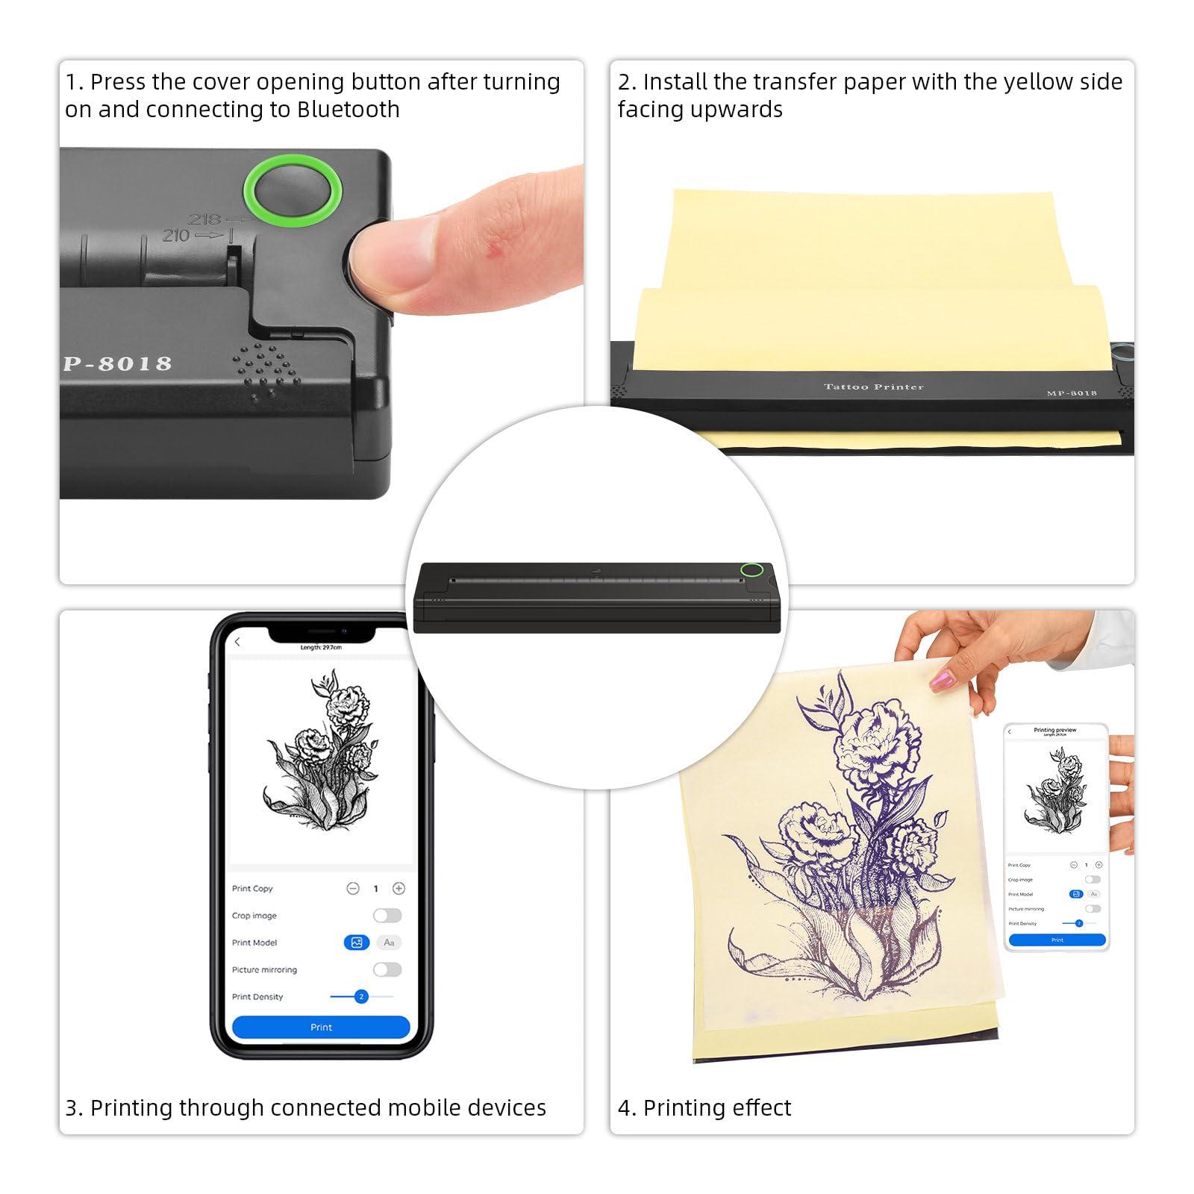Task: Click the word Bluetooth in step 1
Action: pos(348,110)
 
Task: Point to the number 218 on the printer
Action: pos(204,219)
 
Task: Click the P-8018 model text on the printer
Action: pos(117,364)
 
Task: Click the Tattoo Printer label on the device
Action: pos(873,387)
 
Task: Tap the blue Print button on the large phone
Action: pos(321,1027)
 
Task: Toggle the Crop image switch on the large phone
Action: pos(387,916)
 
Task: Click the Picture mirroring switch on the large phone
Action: pos(387,969)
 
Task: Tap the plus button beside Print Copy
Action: pos(398,888)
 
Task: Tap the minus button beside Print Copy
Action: pos(353,888)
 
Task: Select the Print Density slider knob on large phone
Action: pos(361,996)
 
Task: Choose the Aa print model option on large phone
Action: pos(389,943)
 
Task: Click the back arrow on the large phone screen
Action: pos(238,642)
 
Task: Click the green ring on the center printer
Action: pos(751,571)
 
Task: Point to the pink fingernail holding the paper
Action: pos(941,679)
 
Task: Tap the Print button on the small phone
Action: pos(1057,940)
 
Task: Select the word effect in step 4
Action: pos(760,1108)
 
